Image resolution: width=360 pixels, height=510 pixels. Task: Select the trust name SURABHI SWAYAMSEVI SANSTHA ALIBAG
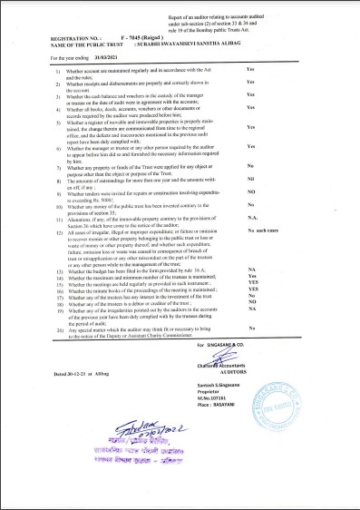(188, 44)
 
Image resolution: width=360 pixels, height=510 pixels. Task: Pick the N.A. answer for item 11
(251, 217)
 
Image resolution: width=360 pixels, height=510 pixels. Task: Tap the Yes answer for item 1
(250, 69)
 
